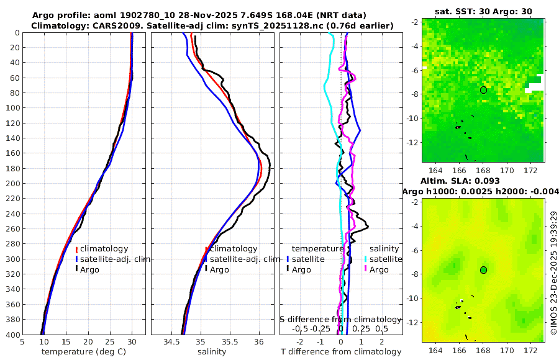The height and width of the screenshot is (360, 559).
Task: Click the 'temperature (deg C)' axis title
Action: [84, 352]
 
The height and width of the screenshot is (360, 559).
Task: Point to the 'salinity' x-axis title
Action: [212, 352]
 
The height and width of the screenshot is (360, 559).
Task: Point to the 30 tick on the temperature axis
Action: [132, 341]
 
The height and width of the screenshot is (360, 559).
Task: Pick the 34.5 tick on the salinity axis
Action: [171, 341]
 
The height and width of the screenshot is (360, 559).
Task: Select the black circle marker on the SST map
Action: [483, 90]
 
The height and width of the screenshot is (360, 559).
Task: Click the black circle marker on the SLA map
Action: [483, 270]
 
